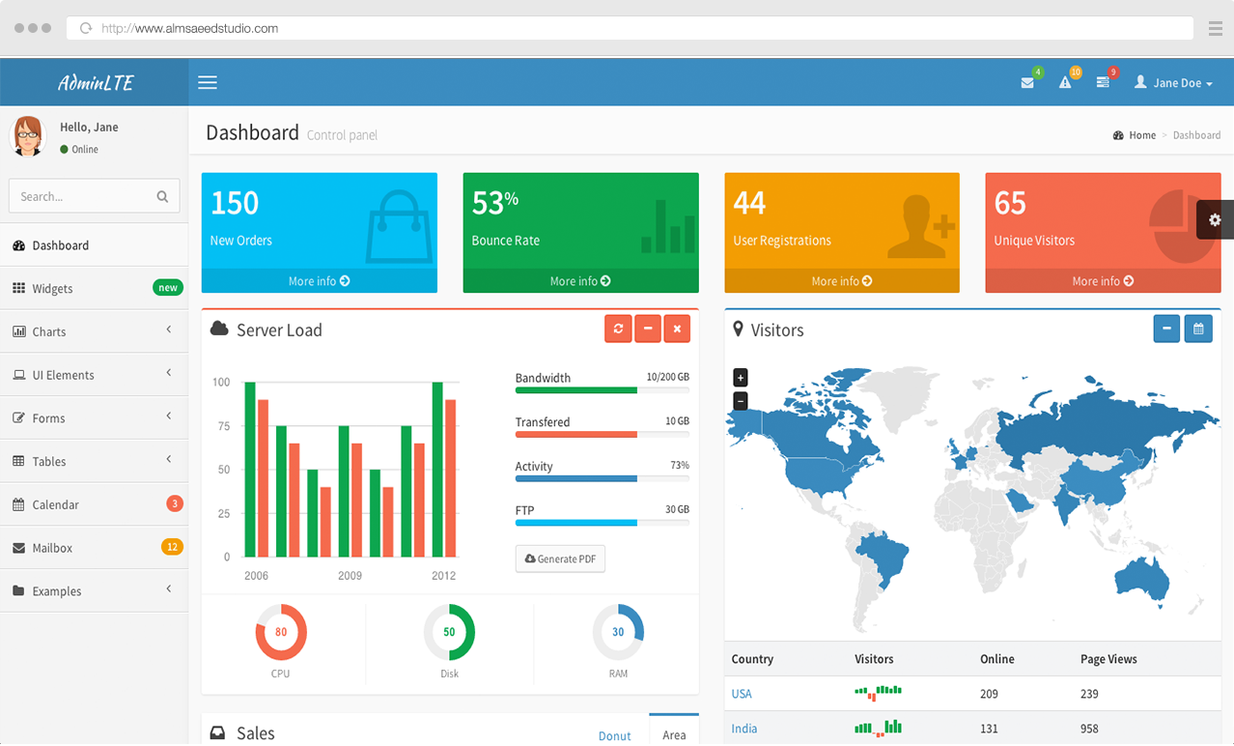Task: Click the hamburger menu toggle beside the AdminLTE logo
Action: (208, 83)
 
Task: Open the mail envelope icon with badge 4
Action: (1027, 83)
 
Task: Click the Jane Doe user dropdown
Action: (1173, 83)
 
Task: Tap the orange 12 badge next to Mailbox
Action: (172, 547)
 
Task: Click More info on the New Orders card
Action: (319, 281)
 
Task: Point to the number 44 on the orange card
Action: (749, 202)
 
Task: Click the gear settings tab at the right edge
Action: (1215, 220)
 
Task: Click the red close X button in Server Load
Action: (677, 330)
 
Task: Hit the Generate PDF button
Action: (560, 559)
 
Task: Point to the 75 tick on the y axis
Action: (224, 426)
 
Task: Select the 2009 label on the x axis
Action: (350, 576)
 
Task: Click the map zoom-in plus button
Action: (741, 378)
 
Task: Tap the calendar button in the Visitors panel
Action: (1198, 330)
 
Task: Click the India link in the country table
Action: (743, 729)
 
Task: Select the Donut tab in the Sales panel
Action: (614, 735)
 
